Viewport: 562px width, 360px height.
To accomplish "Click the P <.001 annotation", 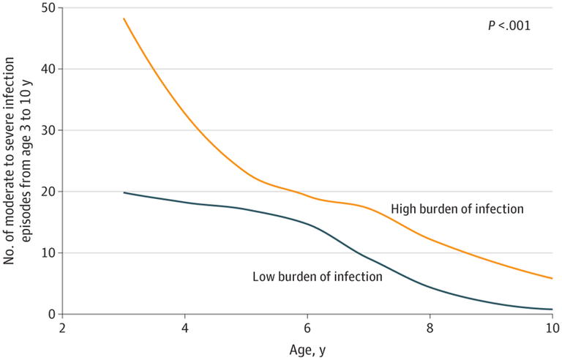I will point(509,26).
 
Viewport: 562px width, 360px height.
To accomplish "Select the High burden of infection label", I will point(457,209).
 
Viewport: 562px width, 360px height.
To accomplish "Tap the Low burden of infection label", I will point(318,277).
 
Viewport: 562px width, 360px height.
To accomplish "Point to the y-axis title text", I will point(20,161).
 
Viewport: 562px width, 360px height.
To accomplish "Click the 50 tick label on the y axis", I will point(48,7).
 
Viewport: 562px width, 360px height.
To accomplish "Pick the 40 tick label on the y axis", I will point(48,69).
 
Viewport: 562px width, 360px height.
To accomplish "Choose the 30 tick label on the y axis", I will point(48,130).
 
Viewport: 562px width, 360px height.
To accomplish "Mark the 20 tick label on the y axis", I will point(48,192).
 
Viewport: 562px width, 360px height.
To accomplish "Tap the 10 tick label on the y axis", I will point(48,253).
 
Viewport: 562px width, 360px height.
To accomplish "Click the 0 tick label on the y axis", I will point(51,315).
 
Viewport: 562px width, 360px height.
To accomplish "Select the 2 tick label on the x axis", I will point(63,327).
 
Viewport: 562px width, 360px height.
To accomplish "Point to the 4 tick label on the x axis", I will point(185,327).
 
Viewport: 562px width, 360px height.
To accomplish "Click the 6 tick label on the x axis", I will point(307,327).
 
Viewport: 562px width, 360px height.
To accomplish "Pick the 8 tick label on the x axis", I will point(430,327).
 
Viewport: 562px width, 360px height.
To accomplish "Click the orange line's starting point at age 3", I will point(124,19).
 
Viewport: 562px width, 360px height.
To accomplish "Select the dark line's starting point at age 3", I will point(124,192).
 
